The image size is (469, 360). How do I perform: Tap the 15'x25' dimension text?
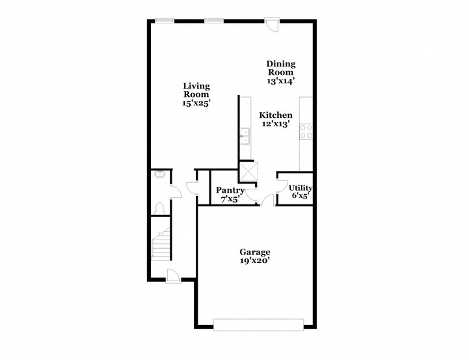coord(196,103)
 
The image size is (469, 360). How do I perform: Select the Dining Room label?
coord(281,68)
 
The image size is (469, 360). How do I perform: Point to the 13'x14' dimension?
coord(281,82)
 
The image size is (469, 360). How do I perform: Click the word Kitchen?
coord(276,115)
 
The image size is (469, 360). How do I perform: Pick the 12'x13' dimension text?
coord(276,124)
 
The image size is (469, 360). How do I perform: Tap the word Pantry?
coord(230,190)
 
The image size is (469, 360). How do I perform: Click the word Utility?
coord(301,188)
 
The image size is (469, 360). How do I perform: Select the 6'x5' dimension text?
coord(301,195)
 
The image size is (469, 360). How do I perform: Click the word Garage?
coord(255,252)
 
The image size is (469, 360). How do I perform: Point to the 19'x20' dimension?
coord(255,260)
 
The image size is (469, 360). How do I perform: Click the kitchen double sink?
coord(245,137)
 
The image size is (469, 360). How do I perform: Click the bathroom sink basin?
coord(158,174)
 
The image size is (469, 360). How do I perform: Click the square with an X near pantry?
coord(248,171)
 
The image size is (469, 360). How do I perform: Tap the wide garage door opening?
coord(258,323)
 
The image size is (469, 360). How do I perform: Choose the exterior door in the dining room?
coord(272,23)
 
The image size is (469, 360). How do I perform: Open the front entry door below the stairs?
coord(174,276)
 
